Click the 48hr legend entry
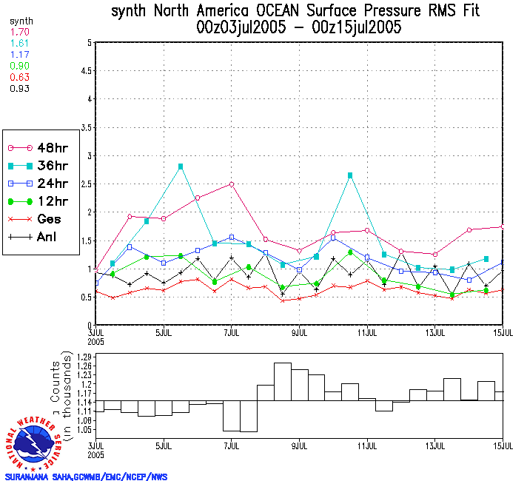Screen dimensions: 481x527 coord(33,148)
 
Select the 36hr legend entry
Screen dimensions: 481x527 coord(33,166)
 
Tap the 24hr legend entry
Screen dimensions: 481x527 coord(33,184)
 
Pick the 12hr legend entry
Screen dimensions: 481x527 coord(33,201)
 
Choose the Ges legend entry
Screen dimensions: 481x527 coord(33,219)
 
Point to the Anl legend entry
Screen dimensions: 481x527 coord(33,238)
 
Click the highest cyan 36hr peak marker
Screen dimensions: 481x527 coord(181,166)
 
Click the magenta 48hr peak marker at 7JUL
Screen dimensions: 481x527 coord(232,184)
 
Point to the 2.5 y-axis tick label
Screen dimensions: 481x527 coord(85,184)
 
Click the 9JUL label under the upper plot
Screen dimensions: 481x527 coord(299,333)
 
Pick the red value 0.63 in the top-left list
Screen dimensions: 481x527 coord(19,78)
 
